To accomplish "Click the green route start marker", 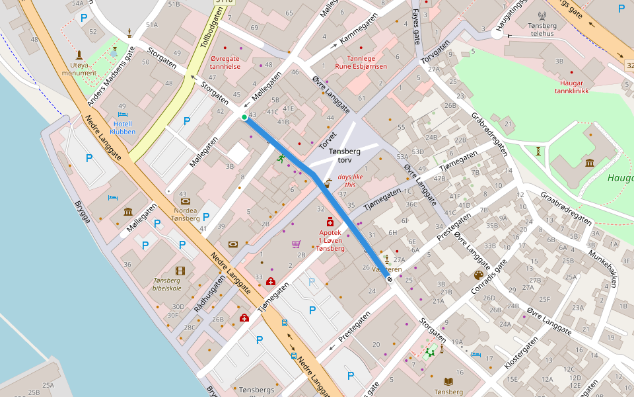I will click(244, 117).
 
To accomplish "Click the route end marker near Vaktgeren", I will click(389, 279).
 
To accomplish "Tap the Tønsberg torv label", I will click(344, 155).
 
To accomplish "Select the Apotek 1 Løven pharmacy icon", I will click(330, 223).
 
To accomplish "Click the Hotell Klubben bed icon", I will click(122, 115).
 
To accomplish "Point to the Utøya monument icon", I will click(79, 55).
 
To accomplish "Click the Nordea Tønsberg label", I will click(186, 214).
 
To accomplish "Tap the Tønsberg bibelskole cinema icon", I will click(180, 271).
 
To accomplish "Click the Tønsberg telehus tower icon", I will click(542, 15).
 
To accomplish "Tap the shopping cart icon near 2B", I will click(296, 244).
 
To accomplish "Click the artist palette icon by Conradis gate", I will click(479, 275).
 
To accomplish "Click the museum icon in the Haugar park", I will click(589, 163).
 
